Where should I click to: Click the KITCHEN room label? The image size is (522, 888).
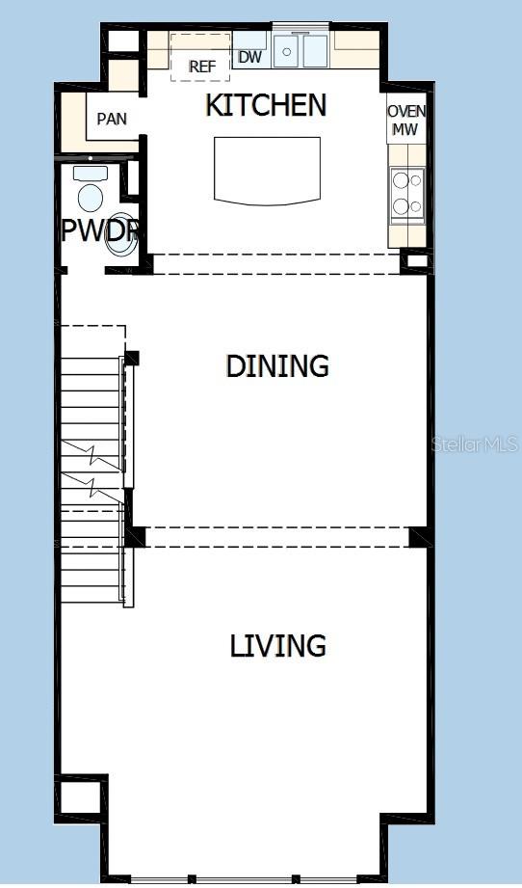pyautogui.click(x=266, y=105)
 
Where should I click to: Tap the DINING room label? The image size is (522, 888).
pyautogui.click(x=277, y=365)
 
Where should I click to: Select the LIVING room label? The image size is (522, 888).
pyautogui.click(x=277, y=645)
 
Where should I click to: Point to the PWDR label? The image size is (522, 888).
pyautogui.click(x=100, y=231)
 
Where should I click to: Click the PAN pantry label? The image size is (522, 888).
pyautogui.click(x=111, y=120)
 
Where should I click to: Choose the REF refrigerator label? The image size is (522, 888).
pyautogui.click(x=201, y=67)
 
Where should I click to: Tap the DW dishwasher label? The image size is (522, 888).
pyautogui.click(x=249, y=57)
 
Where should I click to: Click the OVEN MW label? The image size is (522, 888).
pyautogui.click(x=406, y=120)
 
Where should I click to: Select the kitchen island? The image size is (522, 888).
pyautogui.click(x=267, y=170)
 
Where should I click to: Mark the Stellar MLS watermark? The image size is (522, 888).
pyautogui.click(x=475, y=444)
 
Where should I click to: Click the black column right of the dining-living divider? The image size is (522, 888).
pyautogui.click(x=419, y=537)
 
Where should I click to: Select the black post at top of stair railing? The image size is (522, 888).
pyautogui.click(x=131, y=358)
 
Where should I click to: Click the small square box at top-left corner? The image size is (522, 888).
pyautogui.click(x=122, y=41)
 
